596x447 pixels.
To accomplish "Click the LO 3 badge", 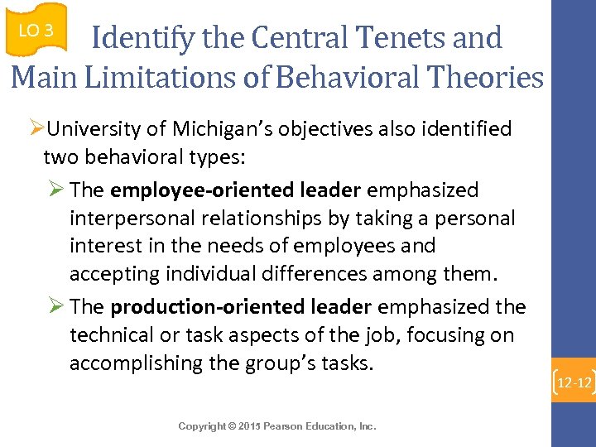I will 35,31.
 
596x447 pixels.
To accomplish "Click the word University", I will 99,129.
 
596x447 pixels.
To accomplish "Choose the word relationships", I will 256,219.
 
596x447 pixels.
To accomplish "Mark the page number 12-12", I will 574,383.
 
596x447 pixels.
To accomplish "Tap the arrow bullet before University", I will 36,129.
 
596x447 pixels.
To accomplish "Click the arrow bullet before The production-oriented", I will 56,307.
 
